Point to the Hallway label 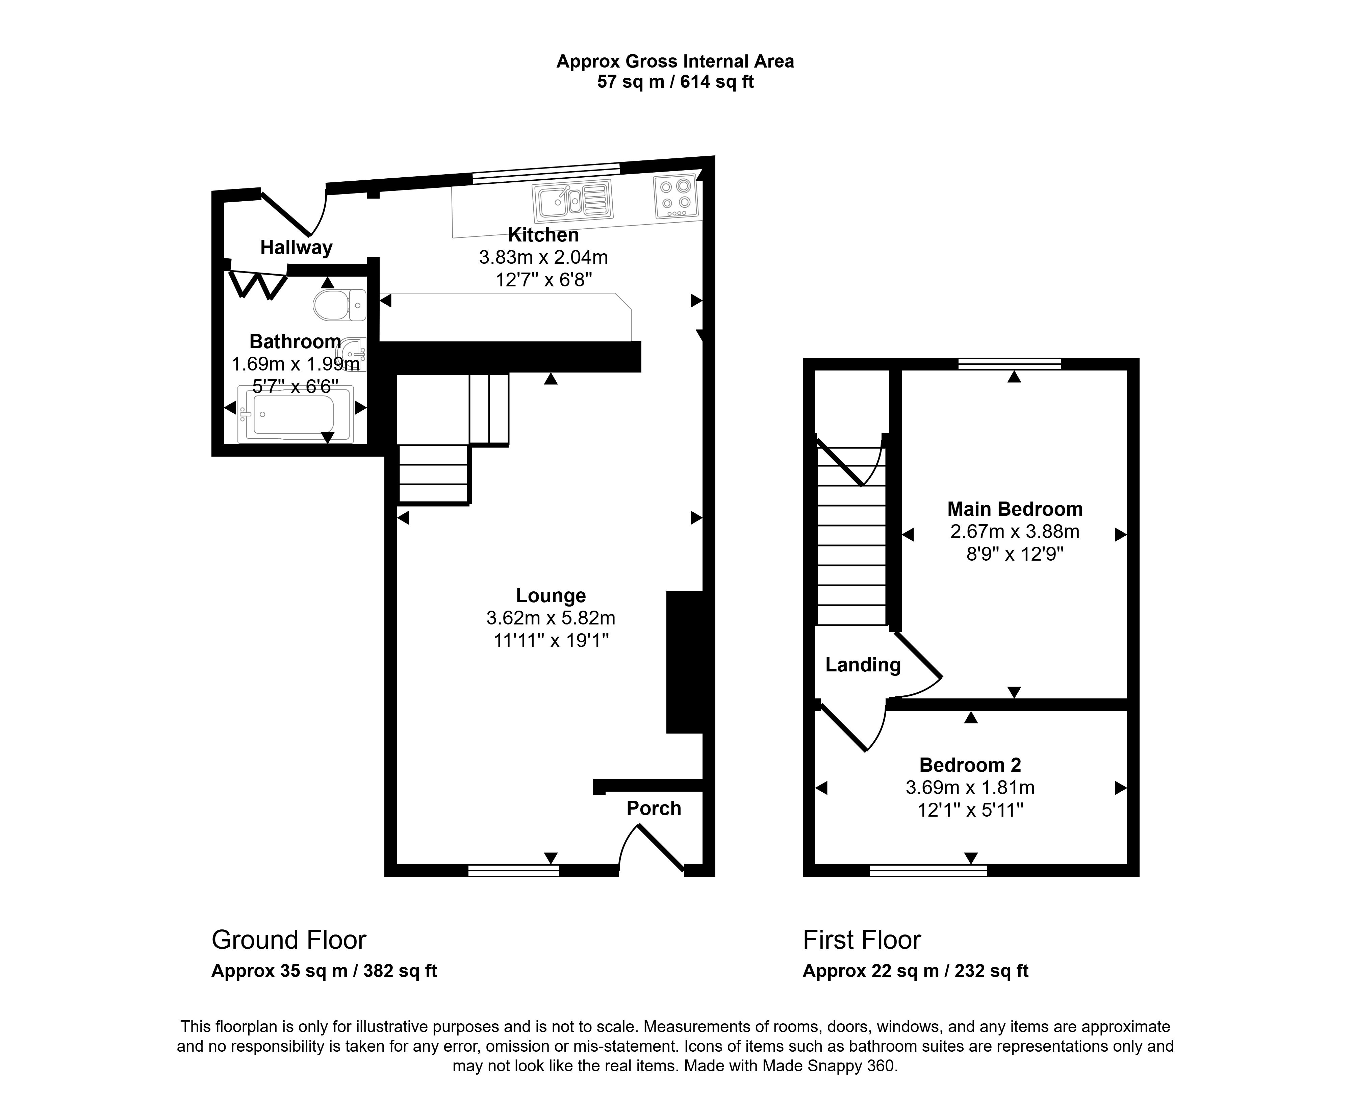point(296,247)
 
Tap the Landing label point(863,665)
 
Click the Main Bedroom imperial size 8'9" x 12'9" point(1014,554)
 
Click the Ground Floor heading point(288,940)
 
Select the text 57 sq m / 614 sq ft point(675,82)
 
